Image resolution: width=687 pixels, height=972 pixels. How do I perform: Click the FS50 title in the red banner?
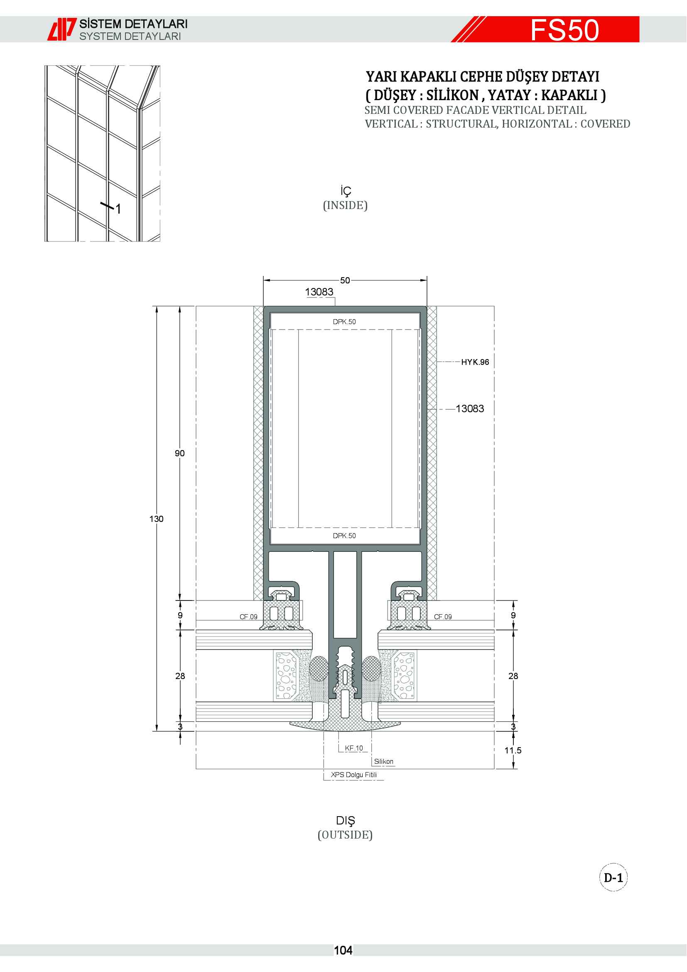[x=565, y=30]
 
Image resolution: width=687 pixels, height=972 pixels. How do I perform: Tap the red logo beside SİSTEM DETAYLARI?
[x=62, y=29]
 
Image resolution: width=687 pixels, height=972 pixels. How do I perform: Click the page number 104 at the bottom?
[x=343, y=950]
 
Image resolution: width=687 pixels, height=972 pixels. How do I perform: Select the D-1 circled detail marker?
[x=613, y=878]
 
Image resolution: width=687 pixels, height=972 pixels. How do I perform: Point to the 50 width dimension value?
[x=345, y=280]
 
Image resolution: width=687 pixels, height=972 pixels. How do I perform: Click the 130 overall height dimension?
[x=156, y=519]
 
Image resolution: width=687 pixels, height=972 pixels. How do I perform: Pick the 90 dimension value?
[x=180, y=453]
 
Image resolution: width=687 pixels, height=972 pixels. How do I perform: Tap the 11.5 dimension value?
[x=513, y=750]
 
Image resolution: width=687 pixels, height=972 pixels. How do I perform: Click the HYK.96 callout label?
[x=475, y=362]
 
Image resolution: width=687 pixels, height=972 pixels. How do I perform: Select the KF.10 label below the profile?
[x=353, y=748]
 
